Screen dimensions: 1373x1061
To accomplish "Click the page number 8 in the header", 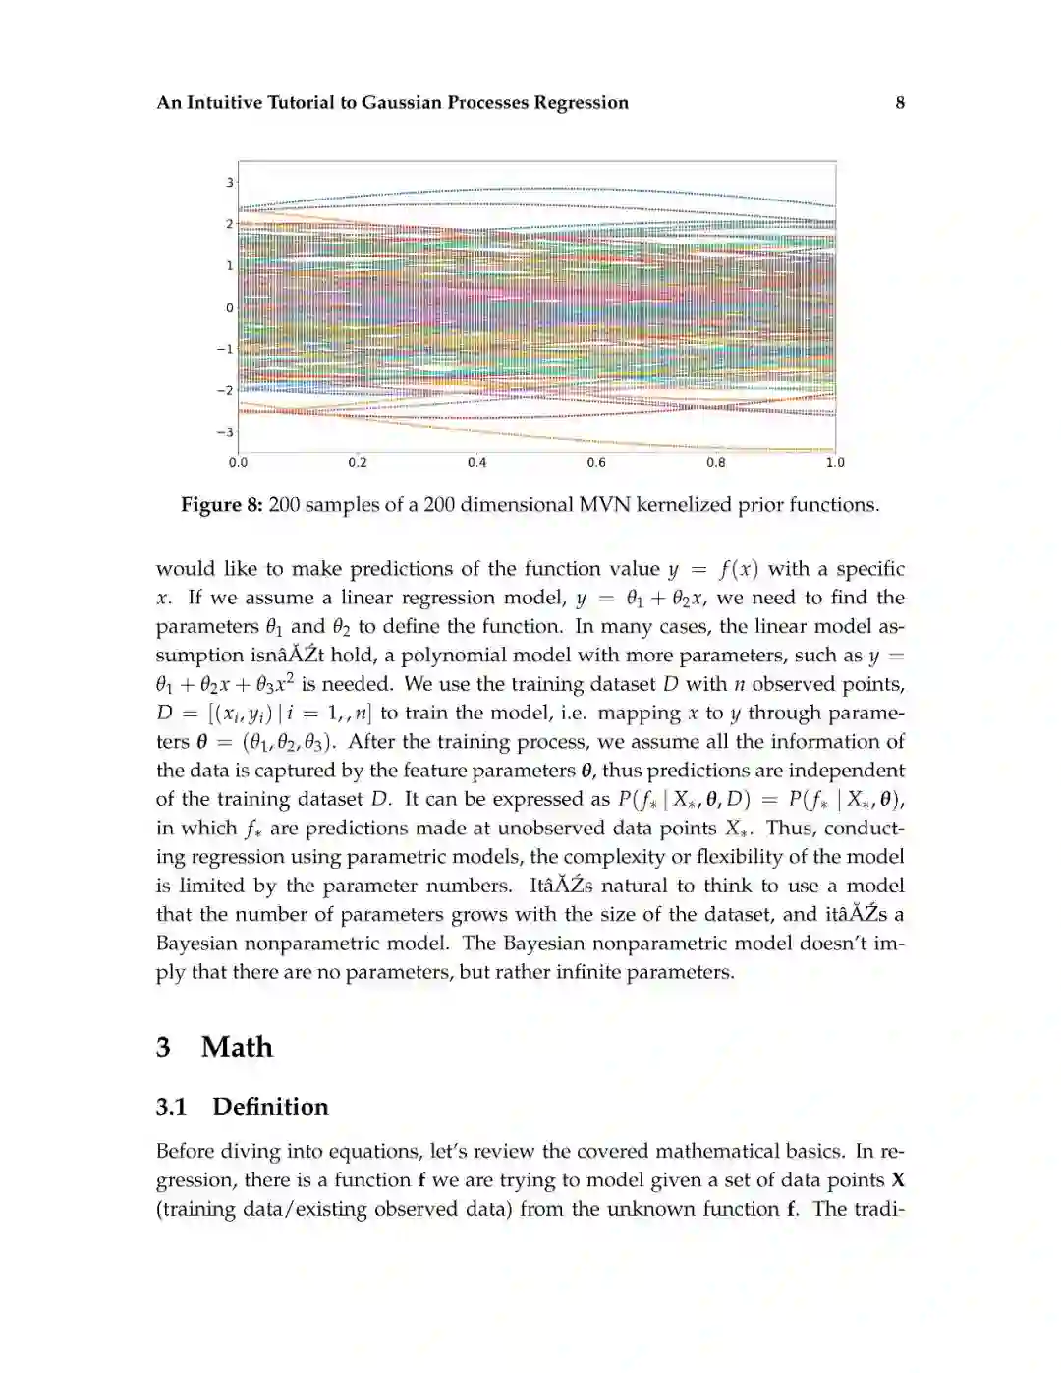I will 899,102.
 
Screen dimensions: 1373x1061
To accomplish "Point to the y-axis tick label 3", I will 230,183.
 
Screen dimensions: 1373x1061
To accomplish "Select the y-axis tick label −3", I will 226,432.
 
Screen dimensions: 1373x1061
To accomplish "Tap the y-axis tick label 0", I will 230,308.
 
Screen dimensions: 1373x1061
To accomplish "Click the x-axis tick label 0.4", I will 476,463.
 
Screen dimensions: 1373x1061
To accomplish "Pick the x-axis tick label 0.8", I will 715,463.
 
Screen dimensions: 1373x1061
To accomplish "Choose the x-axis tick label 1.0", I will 835,463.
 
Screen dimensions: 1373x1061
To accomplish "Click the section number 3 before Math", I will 163,1047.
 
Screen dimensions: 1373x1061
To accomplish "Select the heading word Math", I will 237,1047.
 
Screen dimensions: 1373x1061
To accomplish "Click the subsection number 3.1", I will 171,1107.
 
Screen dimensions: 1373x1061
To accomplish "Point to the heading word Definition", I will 270,1107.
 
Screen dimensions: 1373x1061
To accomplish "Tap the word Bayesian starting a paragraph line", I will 196,944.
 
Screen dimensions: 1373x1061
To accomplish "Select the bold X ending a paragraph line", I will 896,1180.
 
